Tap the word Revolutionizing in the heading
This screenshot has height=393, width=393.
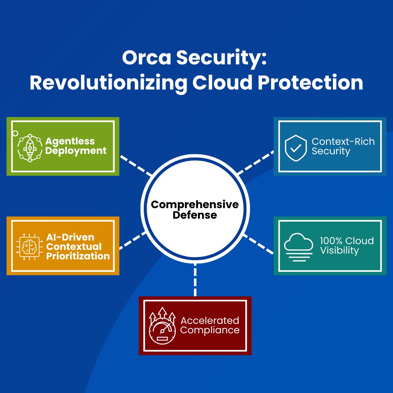108,83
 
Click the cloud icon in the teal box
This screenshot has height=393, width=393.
298,246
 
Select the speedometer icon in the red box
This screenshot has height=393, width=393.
162,326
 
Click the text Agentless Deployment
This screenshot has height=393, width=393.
76,146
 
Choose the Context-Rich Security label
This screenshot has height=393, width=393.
343,146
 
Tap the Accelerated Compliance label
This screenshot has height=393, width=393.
210,325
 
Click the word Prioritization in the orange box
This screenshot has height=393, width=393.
78,256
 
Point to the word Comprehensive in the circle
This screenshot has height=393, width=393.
195,205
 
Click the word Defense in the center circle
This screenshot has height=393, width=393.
195,215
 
